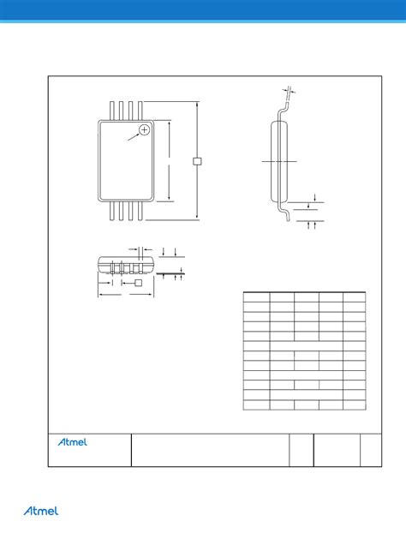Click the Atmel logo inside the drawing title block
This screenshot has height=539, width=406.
(76, 443)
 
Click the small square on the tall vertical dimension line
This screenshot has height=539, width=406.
(197, 160)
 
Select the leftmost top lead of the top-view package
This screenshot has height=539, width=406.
(113, 110)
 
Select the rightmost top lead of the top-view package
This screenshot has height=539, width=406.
(140, 110)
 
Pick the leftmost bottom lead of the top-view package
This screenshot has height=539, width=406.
(113, 211)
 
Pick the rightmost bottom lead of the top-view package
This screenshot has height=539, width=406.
(140, 211)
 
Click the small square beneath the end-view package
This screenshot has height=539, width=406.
(136, 282)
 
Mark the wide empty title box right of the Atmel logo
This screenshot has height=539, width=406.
(209, 450)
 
